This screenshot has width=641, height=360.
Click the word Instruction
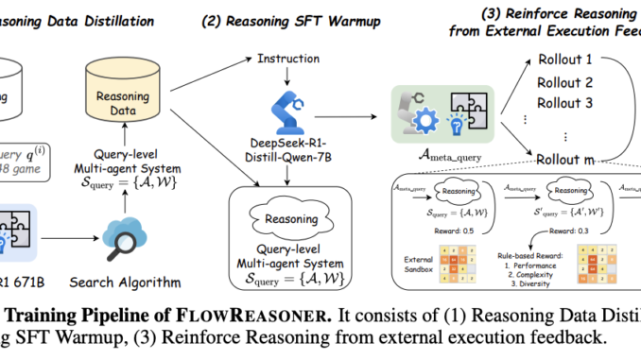coord(288,60)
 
